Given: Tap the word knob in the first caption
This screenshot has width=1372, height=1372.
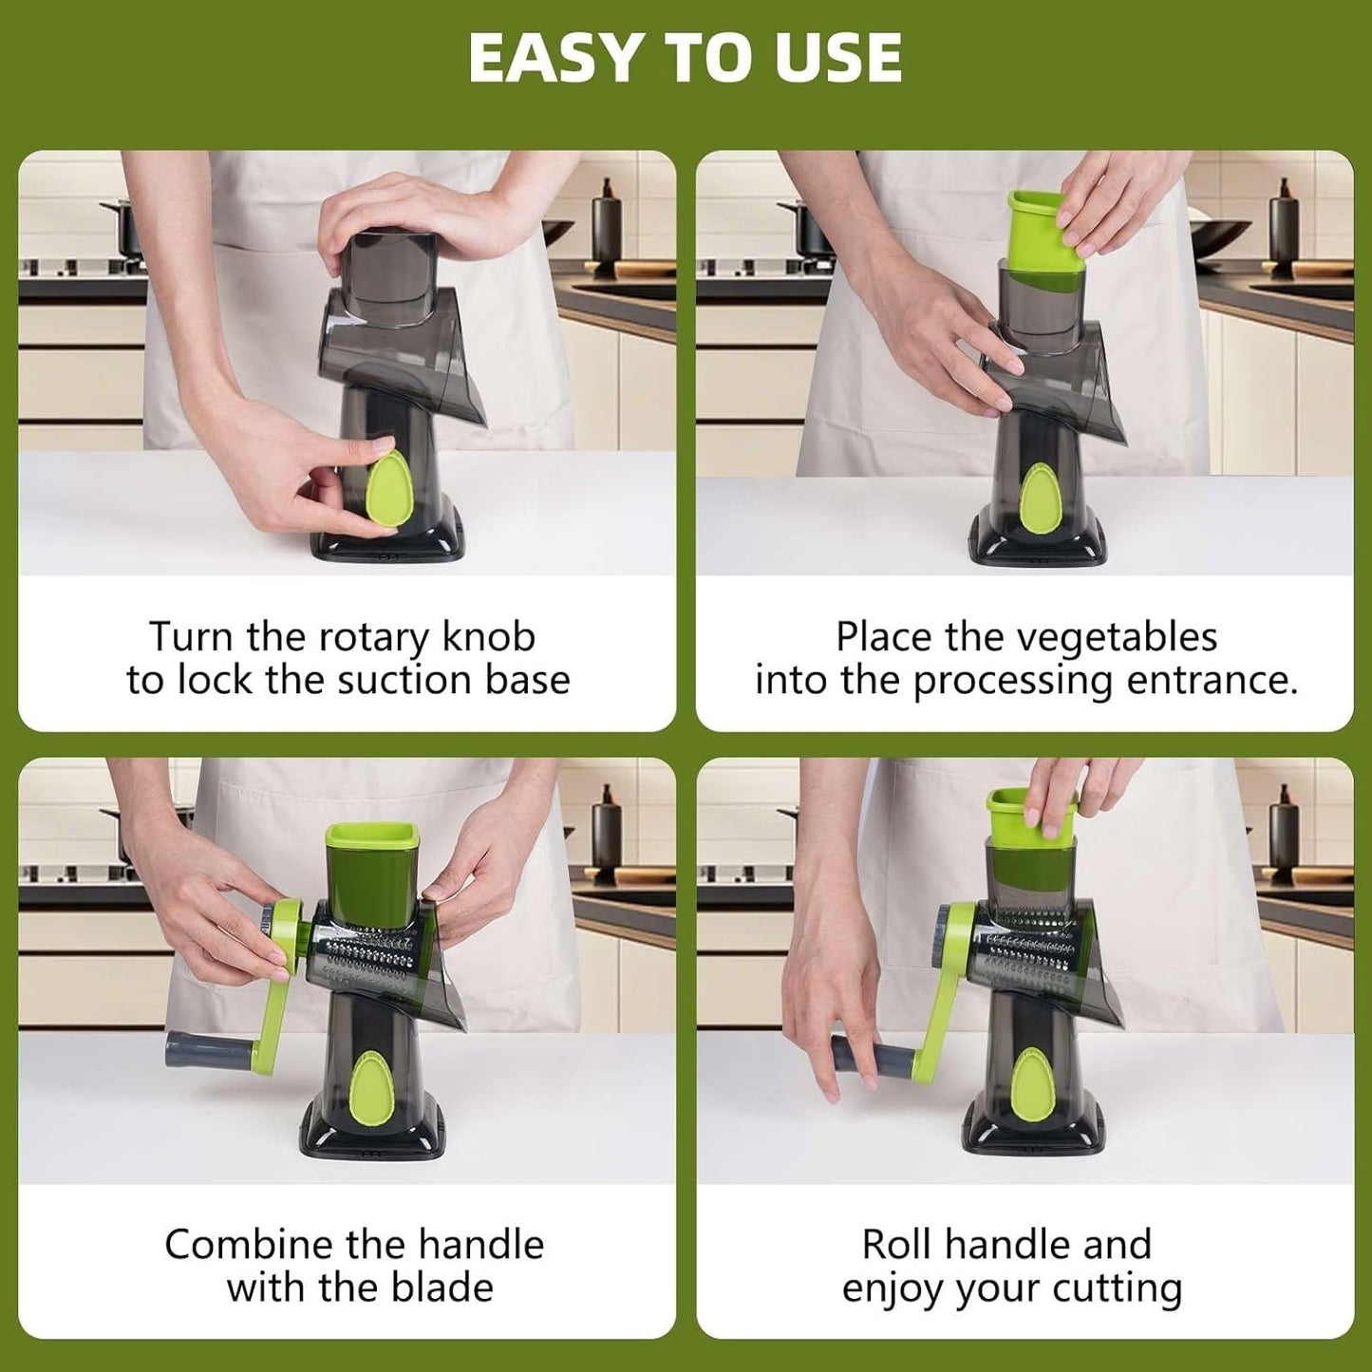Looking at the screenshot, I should tap(490, 637).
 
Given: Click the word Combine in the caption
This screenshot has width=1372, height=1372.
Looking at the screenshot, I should tap(251, 1244).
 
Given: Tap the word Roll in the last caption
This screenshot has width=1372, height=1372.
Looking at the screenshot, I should tap(896, 1244).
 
